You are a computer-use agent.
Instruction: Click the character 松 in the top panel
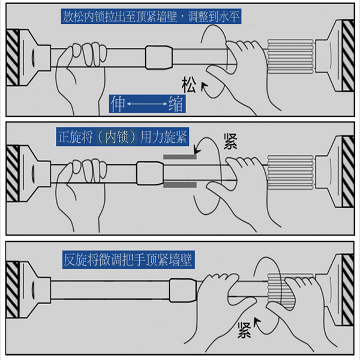pyautogui.click(x=189, y=85)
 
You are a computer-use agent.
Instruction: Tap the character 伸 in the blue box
pyautogui.click(x=118, y=104)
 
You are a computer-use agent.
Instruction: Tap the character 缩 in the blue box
pyautogui.click(x=176, y=104)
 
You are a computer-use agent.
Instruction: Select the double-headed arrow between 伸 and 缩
pyautogui.click(x=147, y=104)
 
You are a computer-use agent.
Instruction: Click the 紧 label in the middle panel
pyautogui.click(x=230, y=142)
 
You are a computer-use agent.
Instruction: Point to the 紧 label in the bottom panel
pyautogui.click(x=244, y=330)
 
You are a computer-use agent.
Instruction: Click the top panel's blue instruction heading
pyautogui.click(x=151, y=16)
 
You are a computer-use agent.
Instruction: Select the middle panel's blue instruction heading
pyautogui.click(x=122, y=137)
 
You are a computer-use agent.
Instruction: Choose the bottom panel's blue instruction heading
pyautogui.click(x=128, y=260)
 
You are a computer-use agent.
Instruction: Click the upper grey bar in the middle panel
pyautogui.click(x=180, y=157)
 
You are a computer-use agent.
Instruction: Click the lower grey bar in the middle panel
pyautogui.click(x=180, y=185)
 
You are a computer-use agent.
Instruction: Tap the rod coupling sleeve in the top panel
pyautogui.click(x=159, y=58)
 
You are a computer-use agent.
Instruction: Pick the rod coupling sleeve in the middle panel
pyautogui.click(x=150, y=173)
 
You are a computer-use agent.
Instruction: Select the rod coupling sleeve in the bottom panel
pyautogui.click(x=183, y=290)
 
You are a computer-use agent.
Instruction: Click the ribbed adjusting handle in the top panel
pyautogui.click(x=290, y=56)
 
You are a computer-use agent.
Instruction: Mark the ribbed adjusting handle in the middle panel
pyautogui.click(x=290, y=172)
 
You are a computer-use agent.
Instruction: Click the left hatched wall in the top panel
pyautogui.click(x=13, y=58)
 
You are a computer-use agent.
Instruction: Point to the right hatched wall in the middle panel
pyautogui.click(x=348, y=172)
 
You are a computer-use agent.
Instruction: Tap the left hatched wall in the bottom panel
pyautogui.click(x=13, y=290)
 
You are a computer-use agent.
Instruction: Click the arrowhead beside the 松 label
pyautogui.click(x=204, y=86)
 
